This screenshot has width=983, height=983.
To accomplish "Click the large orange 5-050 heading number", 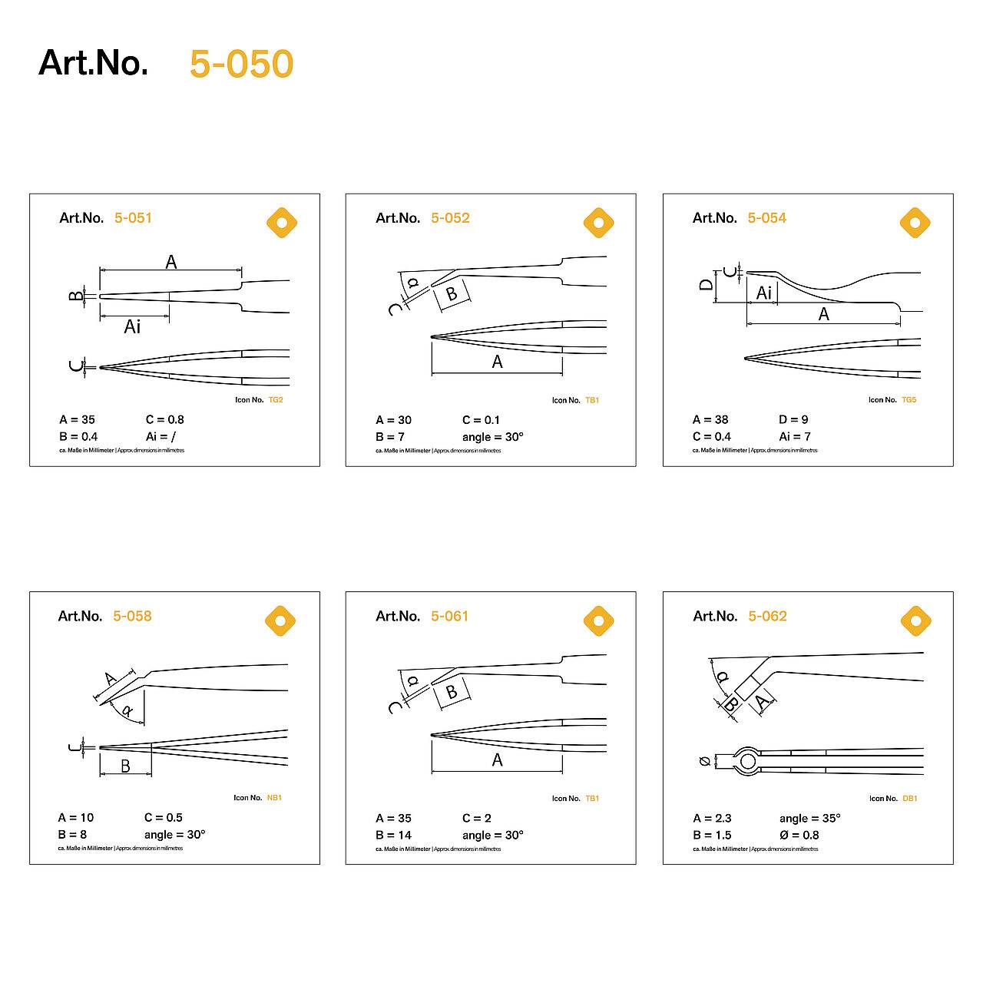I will pyautogui.click(x=241, y=64).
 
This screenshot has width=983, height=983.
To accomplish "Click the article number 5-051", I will pyautogui.click(x=133, y=218).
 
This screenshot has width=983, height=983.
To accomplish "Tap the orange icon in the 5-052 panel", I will pyautogui.click(x=598, y=223).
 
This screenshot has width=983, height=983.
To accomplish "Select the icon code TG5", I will pyautogui.click(x=909, y=400).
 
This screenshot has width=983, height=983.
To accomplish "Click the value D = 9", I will pyautogui.click(x=793, y=419).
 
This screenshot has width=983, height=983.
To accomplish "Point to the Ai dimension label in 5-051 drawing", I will pyautogui.click(x=132, y=327).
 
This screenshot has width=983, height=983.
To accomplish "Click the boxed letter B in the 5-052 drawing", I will pyautogui.click(x=452, y=293).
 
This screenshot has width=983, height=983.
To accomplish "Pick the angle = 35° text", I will pyautogui.click(x=809, y=818).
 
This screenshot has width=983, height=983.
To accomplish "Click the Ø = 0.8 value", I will pyautogui.click(x=799, y=835).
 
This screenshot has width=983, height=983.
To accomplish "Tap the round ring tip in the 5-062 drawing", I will pyautogui.click(x=747, y=761).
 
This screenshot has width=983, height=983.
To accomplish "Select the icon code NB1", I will pyautogui.click(x=274, y=798).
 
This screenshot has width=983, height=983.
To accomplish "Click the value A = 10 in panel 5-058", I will pyautogui.click(x=76, y=817).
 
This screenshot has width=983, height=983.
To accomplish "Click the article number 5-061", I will pyautogui.click(x=449, y=616).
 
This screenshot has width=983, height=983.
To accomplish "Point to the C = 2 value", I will pyautogui.click(x=477, y=818).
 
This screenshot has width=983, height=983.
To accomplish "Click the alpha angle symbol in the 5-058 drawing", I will pyautogui.click(x=127, y=711).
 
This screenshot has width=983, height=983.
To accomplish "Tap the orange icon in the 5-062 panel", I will pyautogui.click(x=915, y=621).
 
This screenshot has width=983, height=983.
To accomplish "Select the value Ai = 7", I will pyautogui.click(x=795, y=436).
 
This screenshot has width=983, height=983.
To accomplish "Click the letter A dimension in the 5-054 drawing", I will pyautogui.click(x=823, y=314).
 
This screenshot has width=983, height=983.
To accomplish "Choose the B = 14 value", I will pyautogui.click(x=393, y=835).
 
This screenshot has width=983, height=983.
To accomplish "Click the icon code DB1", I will pyautogui.click(x=910, y=799).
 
